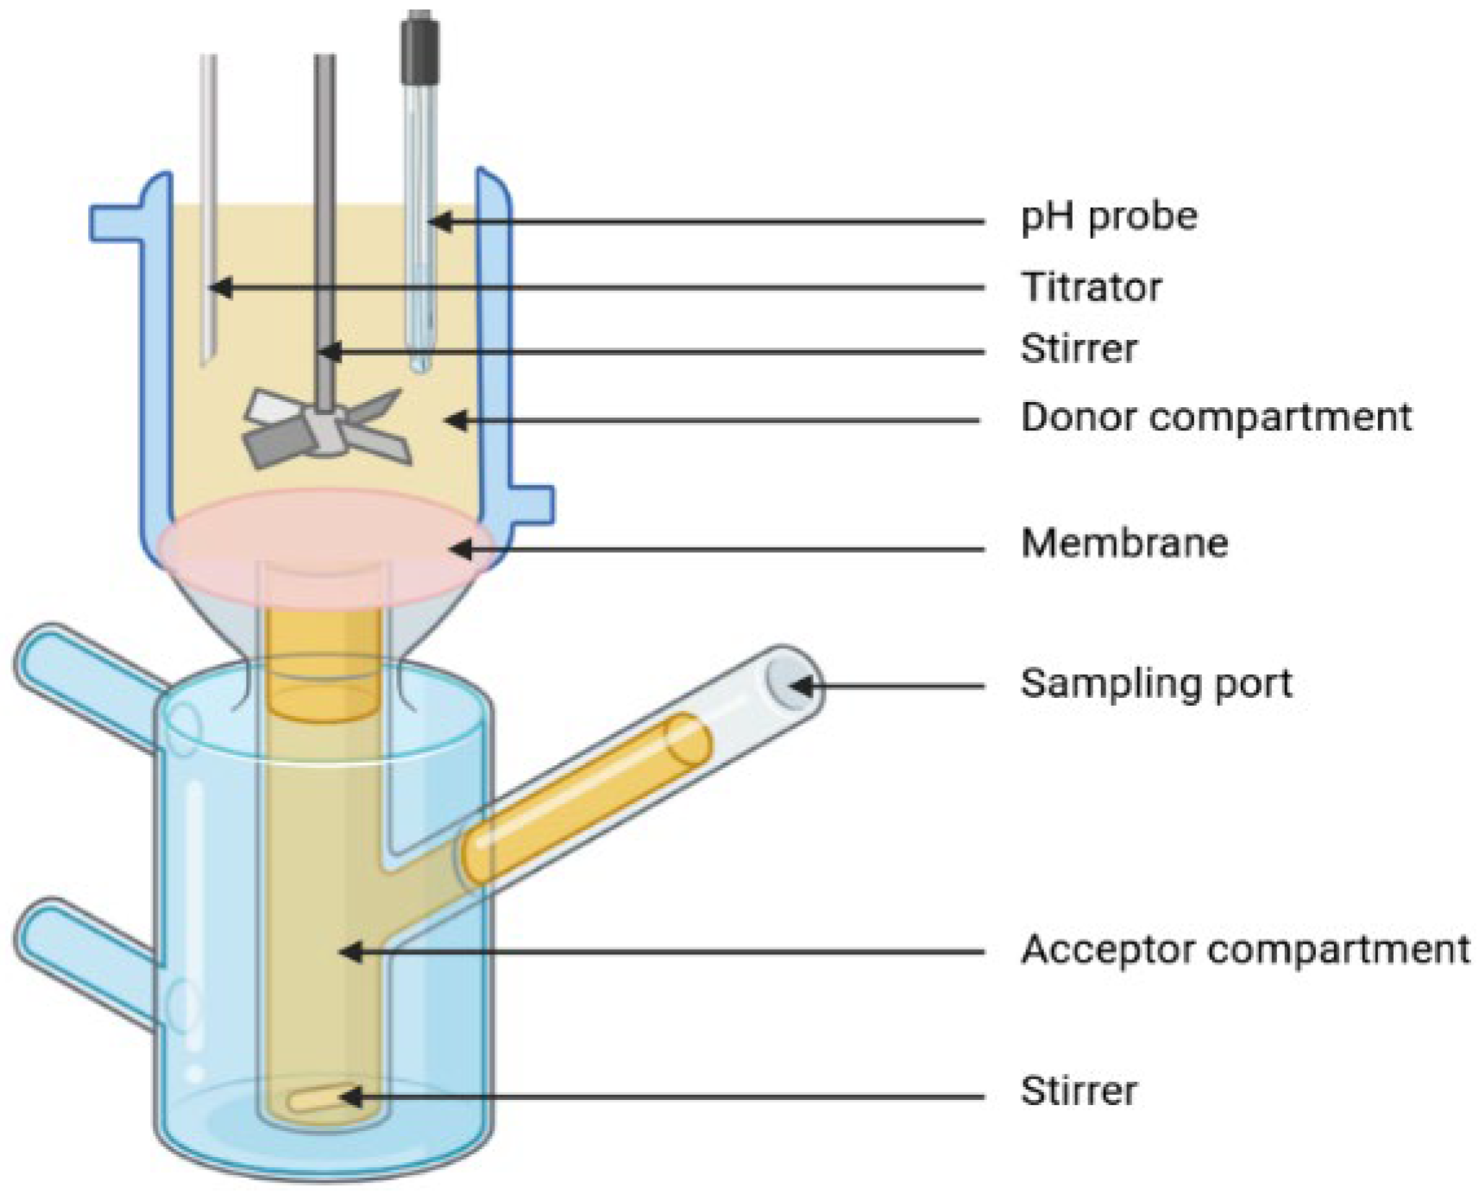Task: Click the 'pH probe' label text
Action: [1109, 217]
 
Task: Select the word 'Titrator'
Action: [1092, 287]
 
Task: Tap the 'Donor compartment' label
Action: [1216, 418]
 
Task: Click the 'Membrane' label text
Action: [1124, 544]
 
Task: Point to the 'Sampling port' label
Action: [1156, 683]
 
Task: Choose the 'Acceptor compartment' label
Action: [1245, 950]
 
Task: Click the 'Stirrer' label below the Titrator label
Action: [1079, 349]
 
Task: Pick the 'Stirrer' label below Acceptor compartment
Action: [1079, 1090]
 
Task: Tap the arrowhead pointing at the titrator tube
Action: [220, 287]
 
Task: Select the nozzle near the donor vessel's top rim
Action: [116, 223]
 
